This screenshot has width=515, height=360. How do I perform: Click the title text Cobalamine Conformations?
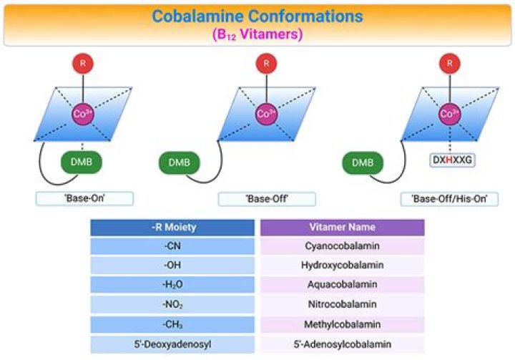257,16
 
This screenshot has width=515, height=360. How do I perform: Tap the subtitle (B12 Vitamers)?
257,34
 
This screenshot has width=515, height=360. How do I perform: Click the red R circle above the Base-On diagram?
83,64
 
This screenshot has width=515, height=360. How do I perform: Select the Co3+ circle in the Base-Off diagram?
266,114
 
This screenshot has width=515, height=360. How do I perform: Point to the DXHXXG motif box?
452,160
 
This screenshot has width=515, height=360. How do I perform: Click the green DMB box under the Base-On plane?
82,162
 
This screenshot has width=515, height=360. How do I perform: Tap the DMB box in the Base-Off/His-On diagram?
363,162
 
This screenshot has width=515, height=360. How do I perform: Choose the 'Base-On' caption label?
84,198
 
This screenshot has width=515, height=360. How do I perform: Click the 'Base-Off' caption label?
267,199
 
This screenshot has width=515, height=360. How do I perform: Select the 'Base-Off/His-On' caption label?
449,199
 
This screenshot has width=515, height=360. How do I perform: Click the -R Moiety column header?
172,228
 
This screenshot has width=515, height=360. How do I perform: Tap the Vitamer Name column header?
342,227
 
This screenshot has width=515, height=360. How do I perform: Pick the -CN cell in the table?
172,246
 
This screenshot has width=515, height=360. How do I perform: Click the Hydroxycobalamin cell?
342,265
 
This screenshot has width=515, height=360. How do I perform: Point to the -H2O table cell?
172,284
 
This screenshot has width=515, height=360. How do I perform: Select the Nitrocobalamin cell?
342,304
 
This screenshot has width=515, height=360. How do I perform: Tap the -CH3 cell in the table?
172,324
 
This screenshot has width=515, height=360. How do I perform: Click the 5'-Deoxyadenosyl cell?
172,344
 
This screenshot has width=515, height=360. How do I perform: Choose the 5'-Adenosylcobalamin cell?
342,344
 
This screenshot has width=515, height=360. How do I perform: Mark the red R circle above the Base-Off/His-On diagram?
450,64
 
